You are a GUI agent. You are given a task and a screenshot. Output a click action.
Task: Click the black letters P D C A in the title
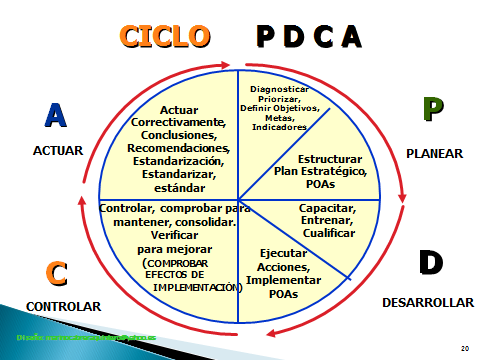click(308, 37)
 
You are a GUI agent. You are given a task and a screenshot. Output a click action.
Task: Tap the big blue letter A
click(56, 116)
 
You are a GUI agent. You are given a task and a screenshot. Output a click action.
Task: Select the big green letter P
click(432, 109)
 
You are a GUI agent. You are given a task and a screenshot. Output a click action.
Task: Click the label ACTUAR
click(57, 151)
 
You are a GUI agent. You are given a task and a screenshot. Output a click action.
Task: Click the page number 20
click(464, 347)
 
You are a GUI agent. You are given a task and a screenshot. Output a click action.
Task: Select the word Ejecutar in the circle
click(283, 254)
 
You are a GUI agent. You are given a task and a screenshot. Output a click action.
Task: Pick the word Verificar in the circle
click(164, 235)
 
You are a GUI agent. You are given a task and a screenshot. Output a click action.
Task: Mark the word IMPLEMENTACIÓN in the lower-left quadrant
click(197, 286)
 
